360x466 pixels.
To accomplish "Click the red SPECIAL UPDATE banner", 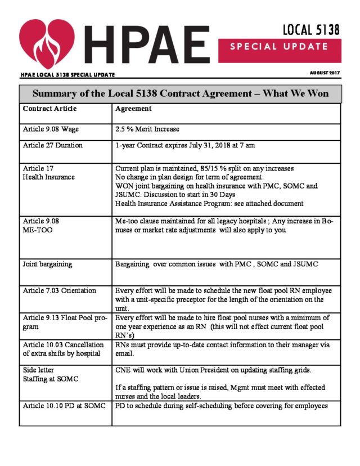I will tap(278, 46).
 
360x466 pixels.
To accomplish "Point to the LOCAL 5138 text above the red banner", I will tap(311, 30).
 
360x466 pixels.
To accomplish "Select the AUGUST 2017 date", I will tap(325, 73).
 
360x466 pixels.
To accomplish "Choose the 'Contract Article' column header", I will tap(49, 109).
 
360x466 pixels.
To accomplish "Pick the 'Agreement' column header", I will tap(133, 109).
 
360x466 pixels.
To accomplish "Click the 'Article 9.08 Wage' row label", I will tap(51, 129).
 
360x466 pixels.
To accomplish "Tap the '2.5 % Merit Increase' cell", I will tap(147, 129).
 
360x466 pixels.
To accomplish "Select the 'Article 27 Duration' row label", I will tap(53, 145).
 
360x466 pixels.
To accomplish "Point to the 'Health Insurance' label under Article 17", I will tap(48, 177).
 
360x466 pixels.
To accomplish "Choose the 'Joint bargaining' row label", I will tap(47, 263).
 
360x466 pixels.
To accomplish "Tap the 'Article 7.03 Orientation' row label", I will tap(59, 290).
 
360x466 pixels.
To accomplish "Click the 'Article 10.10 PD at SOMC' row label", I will tap(64, 406).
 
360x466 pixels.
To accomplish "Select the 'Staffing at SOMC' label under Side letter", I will tap(49, 379).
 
